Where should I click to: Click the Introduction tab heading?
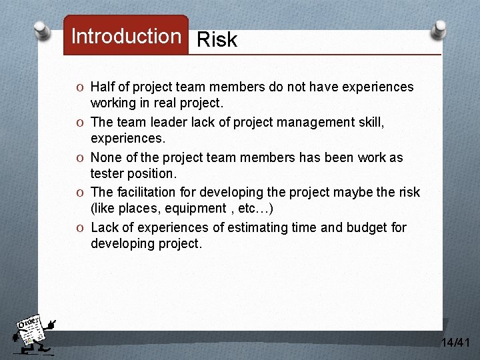[x=126, y=37]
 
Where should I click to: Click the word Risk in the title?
[x=217, y=40]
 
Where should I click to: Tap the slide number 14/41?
[x=455, y=343]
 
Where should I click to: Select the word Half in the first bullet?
[x=103, y=87]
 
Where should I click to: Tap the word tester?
[x=107, y=173]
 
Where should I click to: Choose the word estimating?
[x=259, y=227]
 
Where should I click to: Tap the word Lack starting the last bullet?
[x=105, y=227]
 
